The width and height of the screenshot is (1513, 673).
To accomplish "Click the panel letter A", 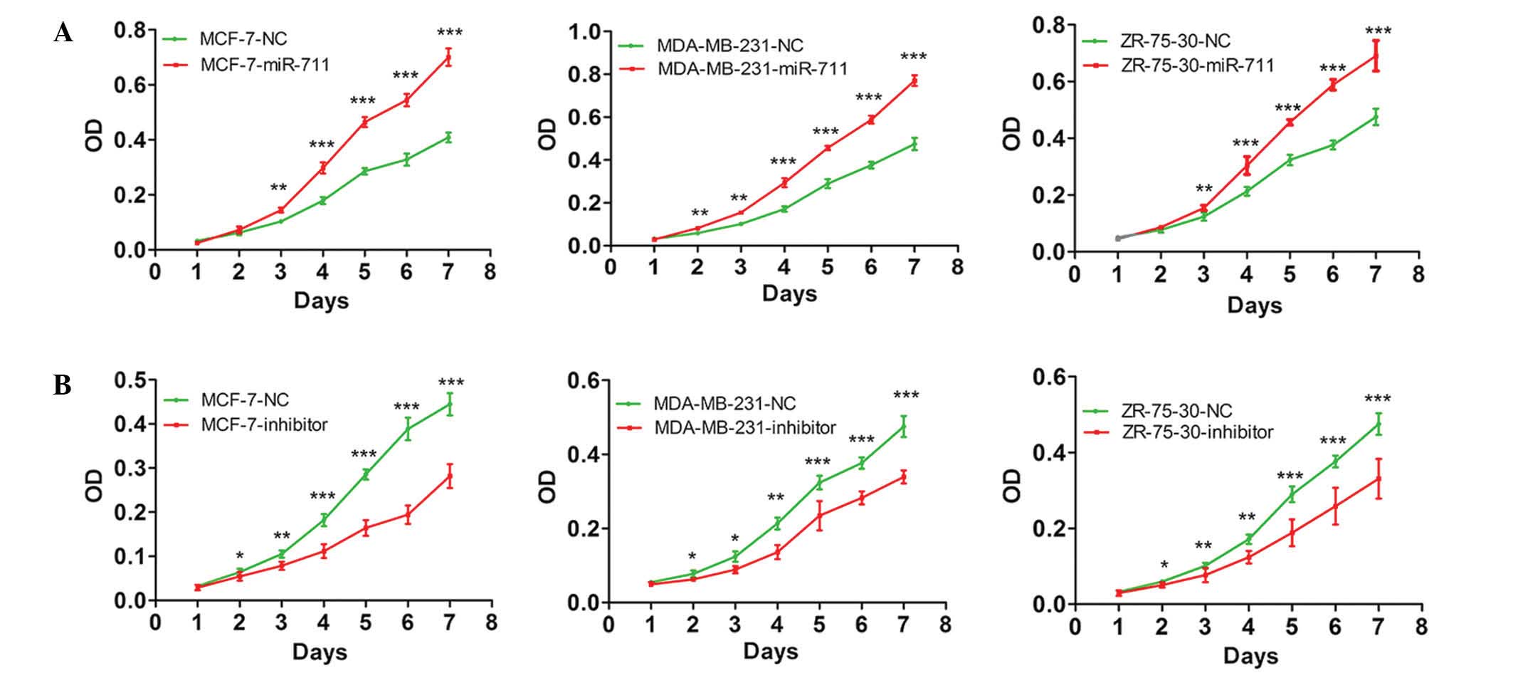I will pyautogui.click(x=63, y=32).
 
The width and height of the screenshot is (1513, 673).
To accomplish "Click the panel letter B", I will pyautogui.click(x=63, y=385).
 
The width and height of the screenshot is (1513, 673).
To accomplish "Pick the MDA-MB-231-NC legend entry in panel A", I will pyautogui.click(x=729, y=46).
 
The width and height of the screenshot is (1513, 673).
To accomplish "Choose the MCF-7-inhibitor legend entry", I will pyautogui.click(x=264, y=425).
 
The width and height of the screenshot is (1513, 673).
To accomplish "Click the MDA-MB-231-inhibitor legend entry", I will pyautogui.click(x=744, y=428).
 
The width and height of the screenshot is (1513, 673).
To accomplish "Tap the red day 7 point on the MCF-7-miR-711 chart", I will pyautogui.click(x=448, y=58).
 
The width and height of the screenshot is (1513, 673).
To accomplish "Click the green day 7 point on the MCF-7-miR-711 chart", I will pyautogui.click(x=448, y=137).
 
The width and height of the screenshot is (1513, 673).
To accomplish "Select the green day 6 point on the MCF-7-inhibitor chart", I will pyautogui.click(x=407, y=428).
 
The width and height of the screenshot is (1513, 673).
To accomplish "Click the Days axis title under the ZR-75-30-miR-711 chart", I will pyautogui.click(x=1254, y=306).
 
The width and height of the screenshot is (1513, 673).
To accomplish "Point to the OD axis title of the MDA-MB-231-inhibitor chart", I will pyautogui.click(x=547, y=486).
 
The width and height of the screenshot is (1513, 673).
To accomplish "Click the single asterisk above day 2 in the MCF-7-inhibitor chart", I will pyautogui.click(x=240, y=556).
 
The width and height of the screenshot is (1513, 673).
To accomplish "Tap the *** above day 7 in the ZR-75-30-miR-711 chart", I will pyautogui.click(x=1378, y=31).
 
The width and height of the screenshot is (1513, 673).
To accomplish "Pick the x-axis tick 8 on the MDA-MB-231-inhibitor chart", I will pyautogui.click(x=944, y=625).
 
